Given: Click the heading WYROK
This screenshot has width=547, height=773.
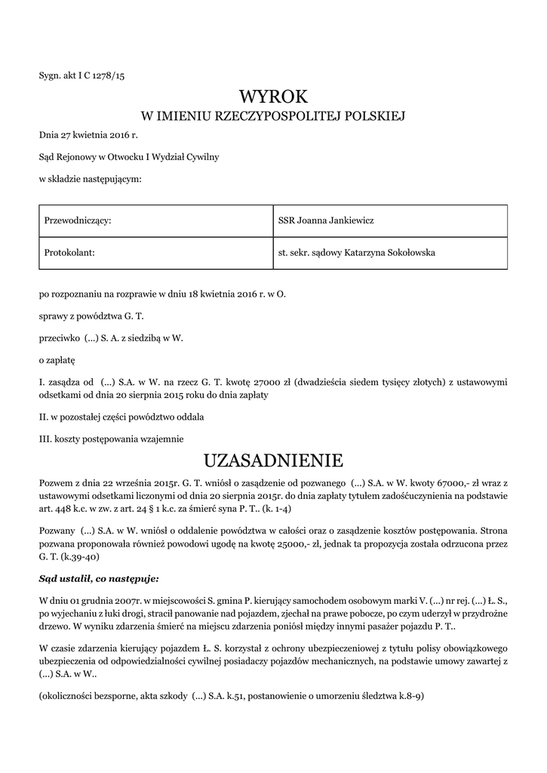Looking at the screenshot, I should tap(273, 97).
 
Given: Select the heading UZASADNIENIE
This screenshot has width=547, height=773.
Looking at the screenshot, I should tap(273, 460).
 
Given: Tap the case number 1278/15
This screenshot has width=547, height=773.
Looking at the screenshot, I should tap(108, 75).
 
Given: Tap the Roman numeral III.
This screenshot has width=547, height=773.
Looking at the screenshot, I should tap(45, 438).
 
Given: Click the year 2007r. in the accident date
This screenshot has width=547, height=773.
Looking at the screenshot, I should tap(121, 599).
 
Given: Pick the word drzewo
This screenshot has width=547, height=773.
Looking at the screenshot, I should tap(54, 627).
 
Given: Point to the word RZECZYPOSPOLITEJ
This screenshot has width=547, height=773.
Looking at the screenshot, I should tap(269, 116).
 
